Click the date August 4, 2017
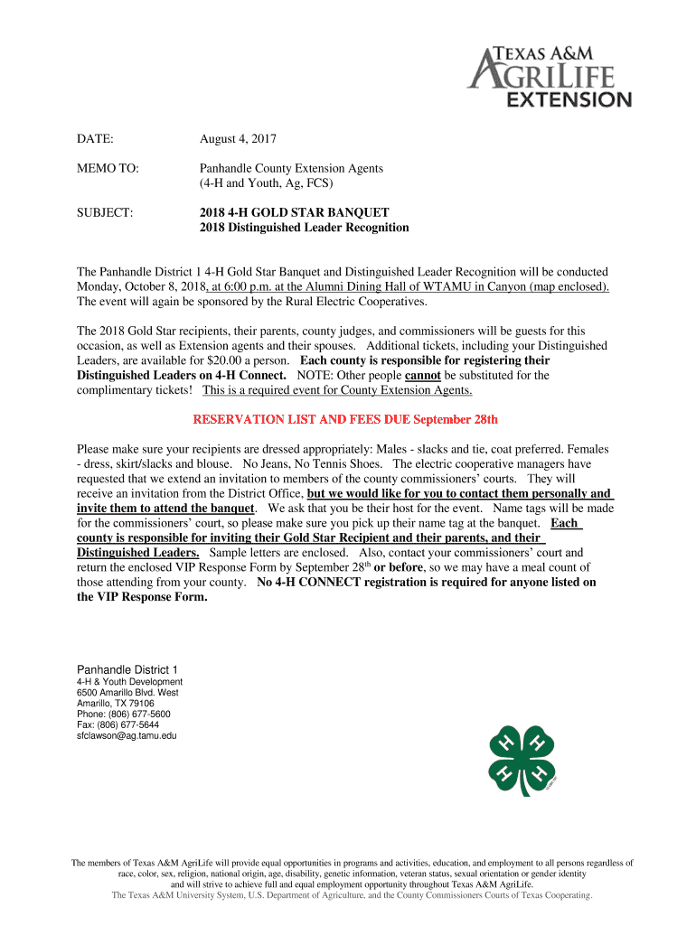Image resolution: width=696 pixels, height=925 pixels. point(238,139)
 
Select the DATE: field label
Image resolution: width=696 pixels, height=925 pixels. point(95,139)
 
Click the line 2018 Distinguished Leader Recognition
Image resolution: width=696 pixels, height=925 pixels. point(304,228)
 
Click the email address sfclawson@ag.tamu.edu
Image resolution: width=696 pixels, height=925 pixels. point(127,736)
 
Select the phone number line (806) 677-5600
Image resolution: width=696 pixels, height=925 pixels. point(123,714)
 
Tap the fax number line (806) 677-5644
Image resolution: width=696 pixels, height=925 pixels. point(118,724)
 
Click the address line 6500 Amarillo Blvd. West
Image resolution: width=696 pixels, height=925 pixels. point(128,692)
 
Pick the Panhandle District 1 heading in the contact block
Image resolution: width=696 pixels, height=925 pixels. point(127,668)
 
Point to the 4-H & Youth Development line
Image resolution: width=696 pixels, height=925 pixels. point(129,681)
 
